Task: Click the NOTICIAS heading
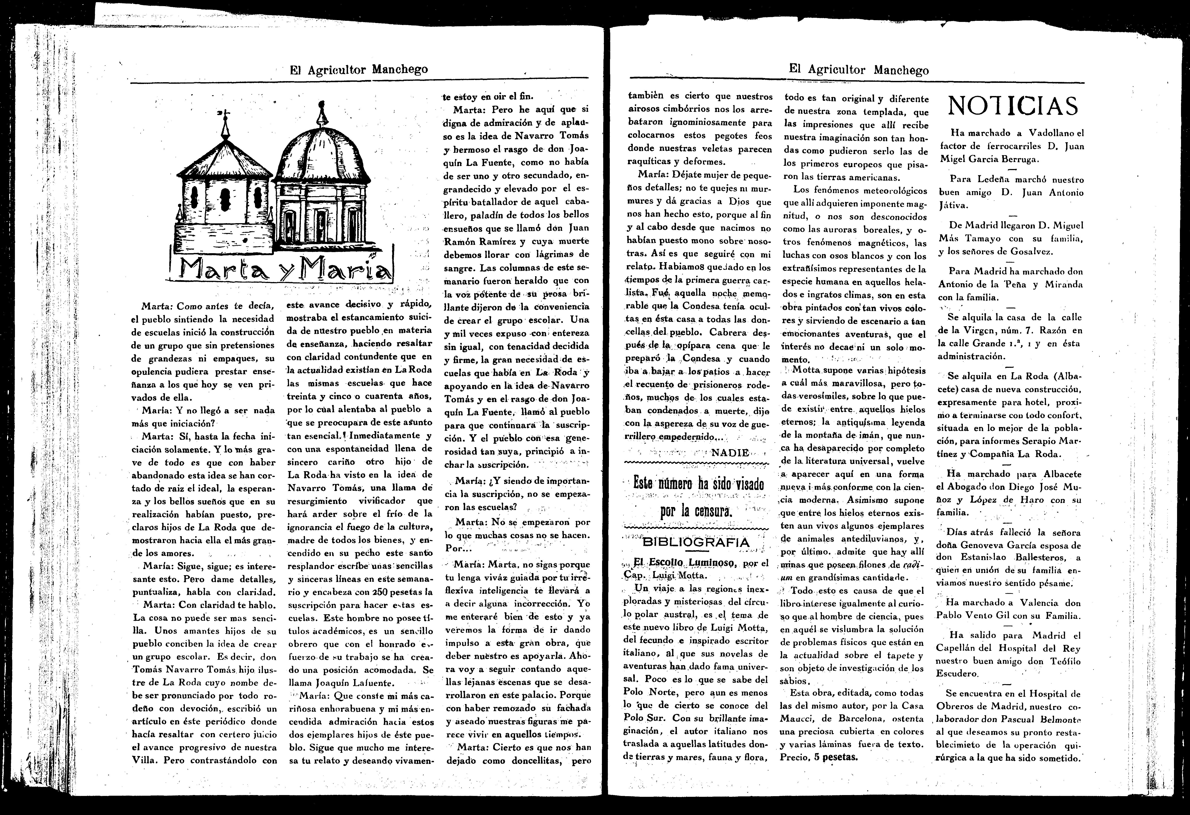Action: [x=1013, y=106]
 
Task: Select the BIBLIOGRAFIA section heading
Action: [x=695, y=542]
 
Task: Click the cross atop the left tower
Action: [x=224, y=115]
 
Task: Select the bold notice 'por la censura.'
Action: [x=698, y=511]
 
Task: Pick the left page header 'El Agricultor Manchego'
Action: [x=359, y=69]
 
